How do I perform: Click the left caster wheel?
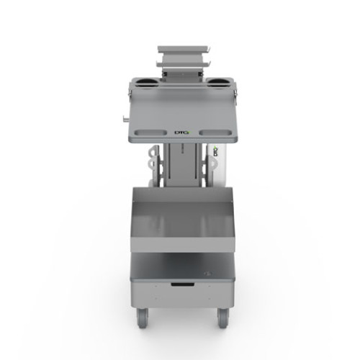(x=142, y=315)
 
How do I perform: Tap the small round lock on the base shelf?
(x=207, y=273)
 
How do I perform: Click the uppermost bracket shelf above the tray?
(x=184, y=50)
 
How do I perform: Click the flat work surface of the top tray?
(x=184, y=108)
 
